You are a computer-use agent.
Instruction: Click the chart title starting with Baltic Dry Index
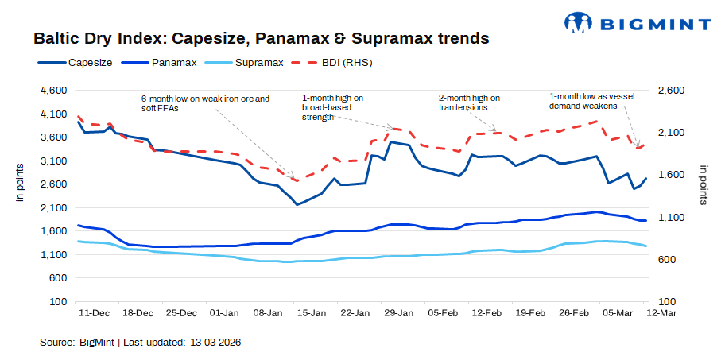pyautogui.click(x=261, y=37)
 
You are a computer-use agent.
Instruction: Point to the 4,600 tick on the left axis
pyautogui.click(x=52, y=91)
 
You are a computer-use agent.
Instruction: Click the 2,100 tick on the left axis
pyautogui.click(x=52, y=208)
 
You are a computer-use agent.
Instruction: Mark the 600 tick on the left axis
pyautogui.click(x=57, y=278)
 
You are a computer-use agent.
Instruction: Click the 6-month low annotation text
pyautogui.click(x=205, y=103)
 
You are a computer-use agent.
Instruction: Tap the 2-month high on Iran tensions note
pyautogui.click(x=470, y=102)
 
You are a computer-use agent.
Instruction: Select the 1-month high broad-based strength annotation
pyautogui.click(x=333, y=107)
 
